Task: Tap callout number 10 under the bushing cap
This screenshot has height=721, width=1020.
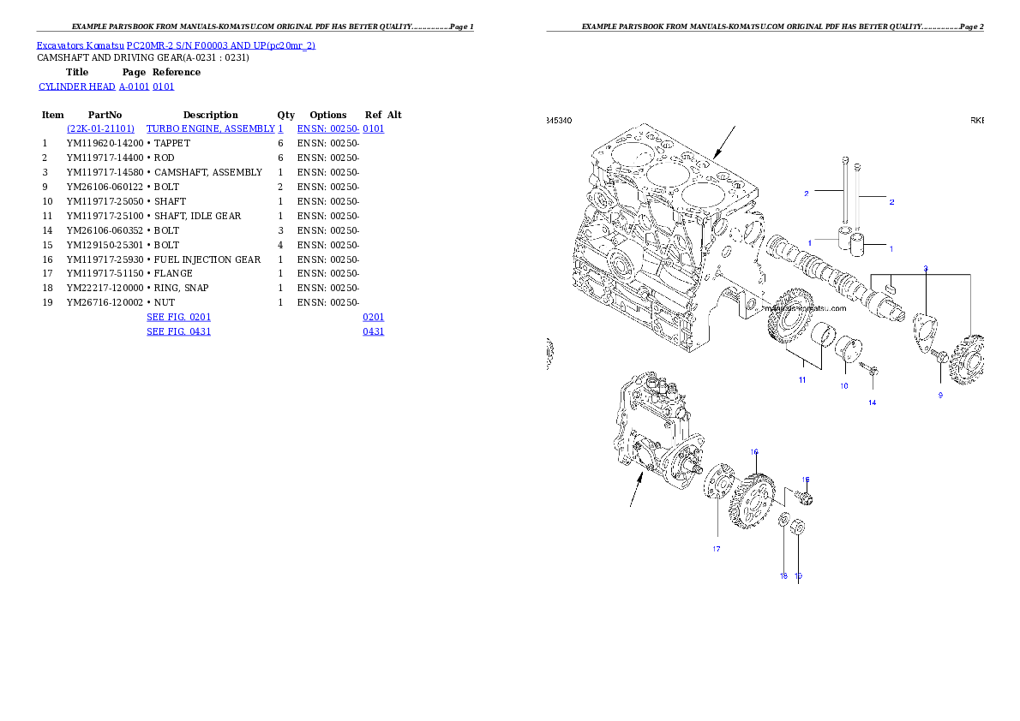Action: (843, 386)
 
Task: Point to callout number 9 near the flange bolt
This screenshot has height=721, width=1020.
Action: (939, 395)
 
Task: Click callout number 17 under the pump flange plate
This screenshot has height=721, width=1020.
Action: (716, 549)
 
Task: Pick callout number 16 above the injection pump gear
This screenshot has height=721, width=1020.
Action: (754, 451)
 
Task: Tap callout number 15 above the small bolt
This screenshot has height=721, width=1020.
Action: (805, 480)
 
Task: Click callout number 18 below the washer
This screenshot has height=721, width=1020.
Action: (783, 576)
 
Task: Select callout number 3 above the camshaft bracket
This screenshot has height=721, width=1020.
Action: (925, 268)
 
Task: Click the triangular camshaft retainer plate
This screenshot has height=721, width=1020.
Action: (925, 330)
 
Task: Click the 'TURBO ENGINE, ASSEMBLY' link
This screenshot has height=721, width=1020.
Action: (214, 128)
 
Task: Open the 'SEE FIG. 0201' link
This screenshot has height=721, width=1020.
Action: (178, 317)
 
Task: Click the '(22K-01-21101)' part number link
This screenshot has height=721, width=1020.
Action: (100, 128)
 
